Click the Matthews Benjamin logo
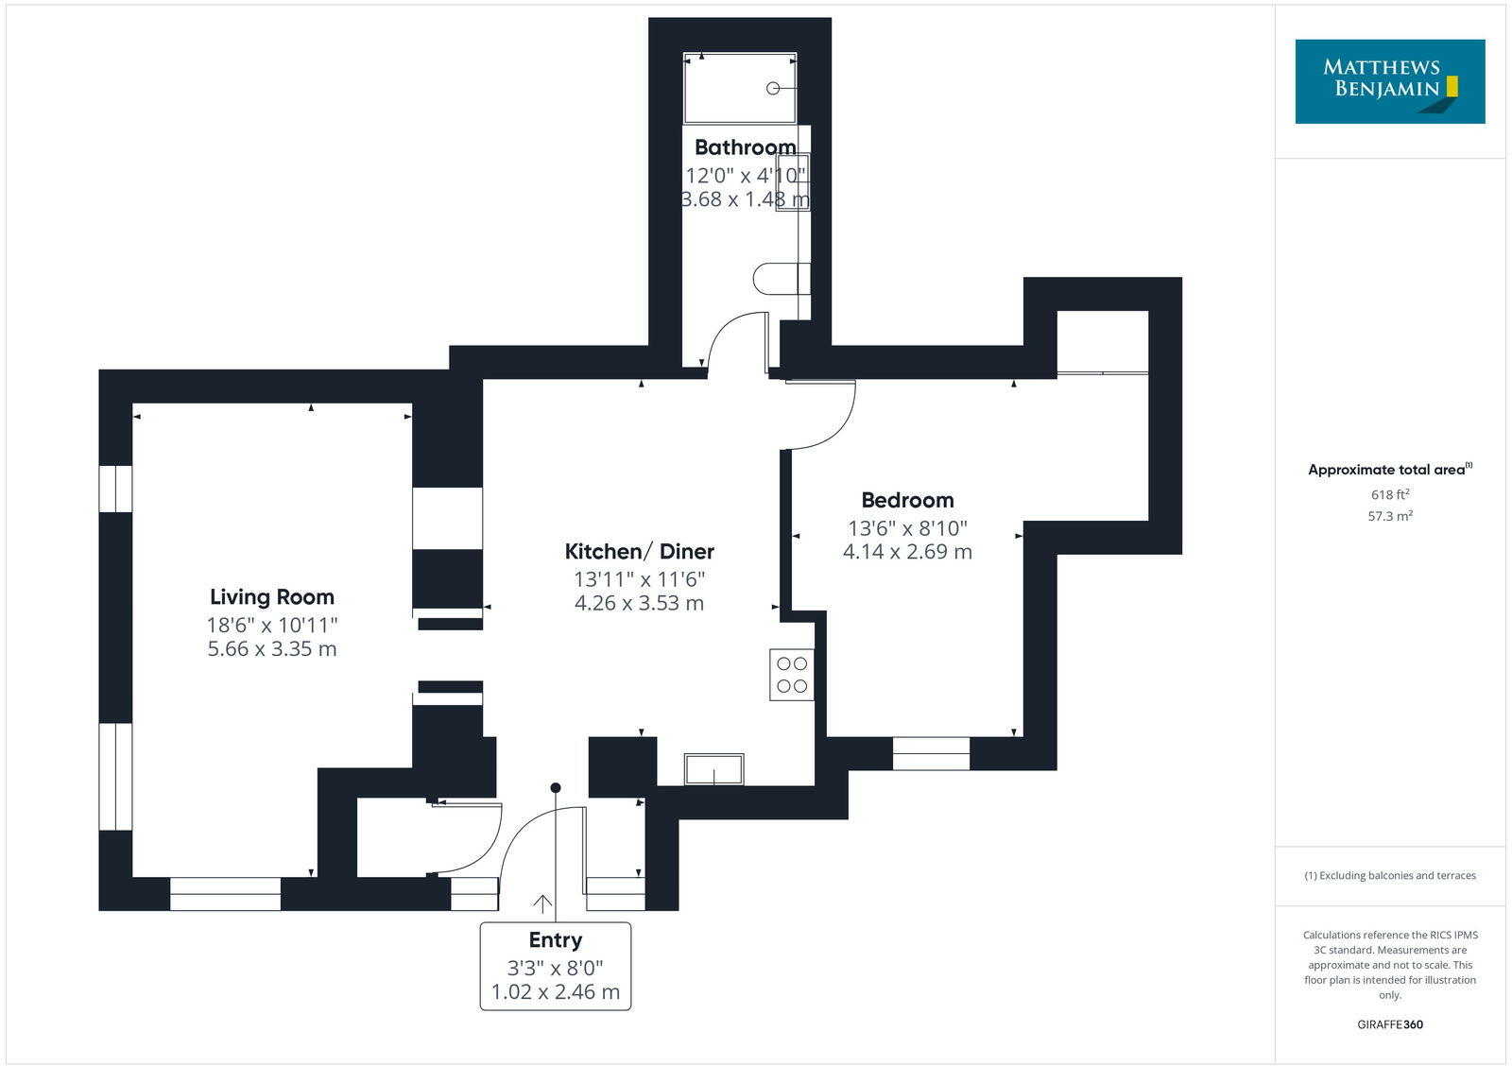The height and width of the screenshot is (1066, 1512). coord(1389,81)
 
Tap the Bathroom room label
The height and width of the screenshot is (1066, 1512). coord(745,147)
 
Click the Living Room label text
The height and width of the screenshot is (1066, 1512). coord(272,597)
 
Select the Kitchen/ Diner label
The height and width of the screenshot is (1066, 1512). coord(639,552)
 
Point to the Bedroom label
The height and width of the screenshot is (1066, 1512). coord(907,501)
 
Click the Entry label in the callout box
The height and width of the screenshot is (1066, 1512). coord(556,940)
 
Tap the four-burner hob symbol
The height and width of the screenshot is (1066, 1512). coord(792,675)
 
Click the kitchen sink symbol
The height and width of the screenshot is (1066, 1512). coord(713,769)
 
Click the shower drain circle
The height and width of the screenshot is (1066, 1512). coord(773,88)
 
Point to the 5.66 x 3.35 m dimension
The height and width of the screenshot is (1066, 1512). coord(272,649)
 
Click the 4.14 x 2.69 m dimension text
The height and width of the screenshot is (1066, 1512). coord(907,552)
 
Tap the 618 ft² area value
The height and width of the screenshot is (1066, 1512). coord(1390,494)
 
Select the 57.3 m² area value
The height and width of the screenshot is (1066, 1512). coord(1390,516)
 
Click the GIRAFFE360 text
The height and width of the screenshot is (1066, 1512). coord(1390,1024)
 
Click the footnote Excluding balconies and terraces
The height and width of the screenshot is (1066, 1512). coord(1390,876)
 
